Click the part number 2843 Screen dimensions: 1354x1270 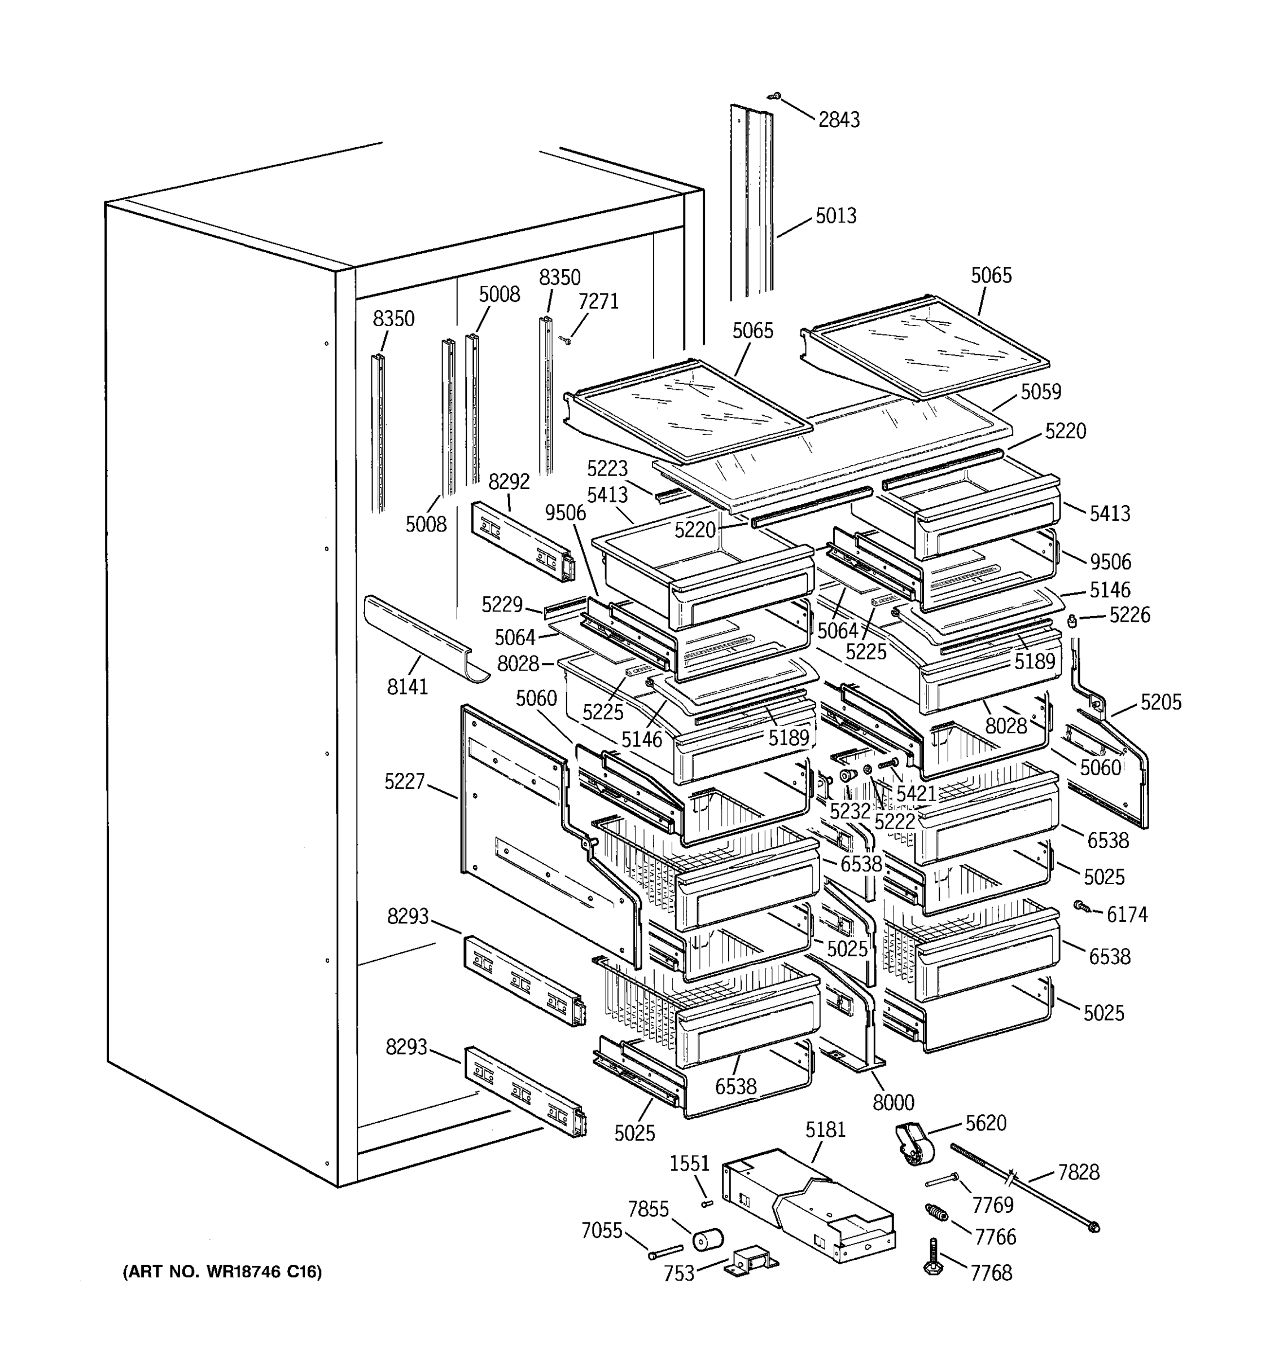(x=839, y=120)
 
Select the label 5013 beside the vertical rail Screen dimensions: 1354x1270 (x=835, y=216)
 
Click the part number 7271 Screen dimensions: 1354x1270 (x=598, y=301)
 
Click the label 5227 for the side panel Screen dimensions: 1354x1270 (x=404, y=781)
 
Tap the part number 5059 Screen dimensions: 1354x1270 (x=1040, y=392)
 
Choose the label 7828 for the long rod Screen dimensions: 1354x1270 (x=1078, y=1173)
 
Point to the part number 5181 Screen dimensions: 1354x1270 (x=825, y=1130)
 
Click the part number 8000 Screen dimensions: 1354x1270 (x=893, y=1101)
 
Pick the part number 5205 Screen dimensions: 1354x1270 (x=1160, y=702)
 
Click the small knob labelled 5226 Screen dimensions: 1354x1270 (x=1071, y=621)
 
